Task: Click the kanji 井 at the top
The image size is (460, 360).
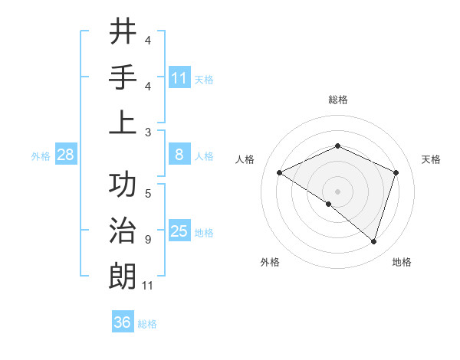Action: tap(123, 31)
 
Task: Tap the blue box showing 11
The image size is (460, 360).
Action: tap(179, 77)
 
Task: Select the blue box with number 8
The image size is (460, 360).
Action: tap(179, 155)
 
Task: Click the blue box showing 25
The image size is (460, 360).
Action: tap(179, 231)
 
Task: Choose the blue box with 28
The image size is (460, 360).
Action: tap(66, 155)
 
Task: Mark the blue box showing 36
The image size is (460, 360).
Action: tap(123, 322)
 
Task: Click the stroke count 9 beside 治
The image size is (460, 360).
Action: tap(147, 240)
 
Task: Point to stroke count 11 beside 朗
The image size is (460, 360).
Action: tap(148, 286)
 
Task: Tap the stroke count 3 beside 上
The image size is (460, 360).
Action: tap(148, 131)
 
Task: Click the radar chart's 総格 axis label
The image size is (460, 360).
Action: tap(337, 100)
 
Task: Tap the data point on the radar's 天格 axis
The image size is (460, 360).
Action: tap(396, 173)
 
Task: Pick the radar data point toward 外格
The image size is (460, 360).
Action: tap(329, 205)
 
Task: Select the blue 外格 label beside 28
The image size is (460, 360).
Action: tap(40, 155)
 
